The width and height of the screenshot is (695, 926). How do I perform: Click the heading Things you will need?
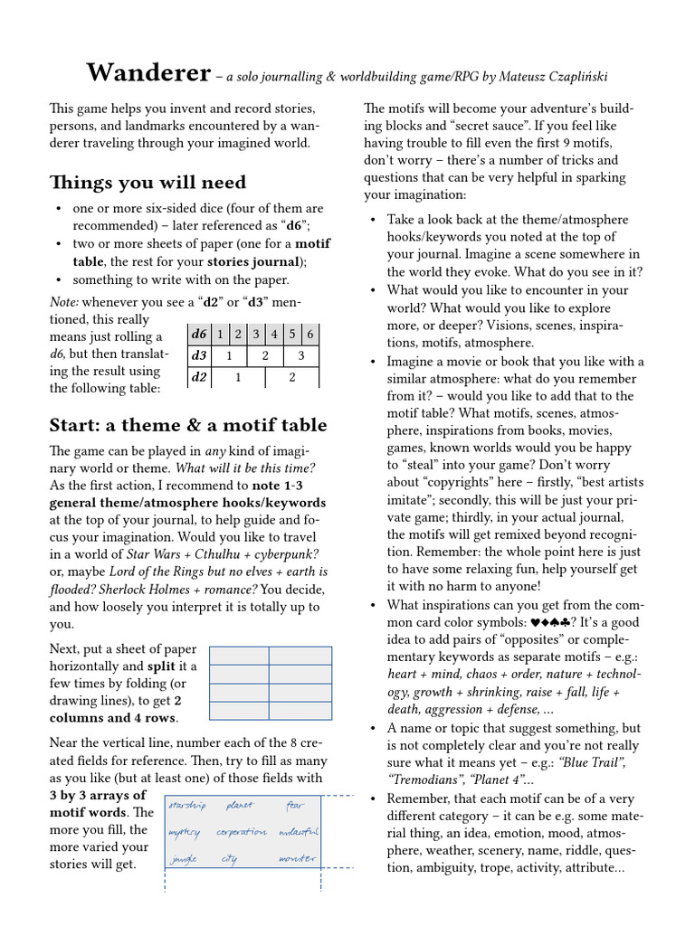click(x=147, y=183)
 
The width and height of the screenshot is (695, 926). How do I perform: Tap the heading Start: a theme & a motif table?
click(x=188, y=425)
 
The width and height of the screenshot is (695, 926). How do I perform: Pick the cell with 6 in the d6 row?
click(x=309, y=335)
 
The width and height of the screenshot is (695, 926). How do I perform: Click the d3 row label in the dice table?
click(x=198, y=355)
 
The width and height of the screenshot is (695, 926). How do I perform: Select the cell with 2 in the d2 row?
click(x=291, y=377)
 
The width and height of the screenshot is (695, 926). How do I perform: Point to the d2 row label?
click(x=198, y=377)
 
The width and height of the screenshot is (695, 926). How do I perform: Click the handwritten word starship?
click(x=187, y=806)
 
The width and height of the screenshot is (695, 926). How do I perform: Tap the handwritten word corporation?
click(x=242, y=832)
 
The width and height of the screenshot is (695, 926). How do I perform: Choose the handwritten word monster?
click(x=297, y=859)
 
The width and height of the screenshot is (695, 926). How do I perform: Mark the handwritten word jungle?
click(x=184, y=860)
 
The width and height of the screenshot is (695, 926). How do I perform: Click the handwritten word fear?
click(x=296, y=806)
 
